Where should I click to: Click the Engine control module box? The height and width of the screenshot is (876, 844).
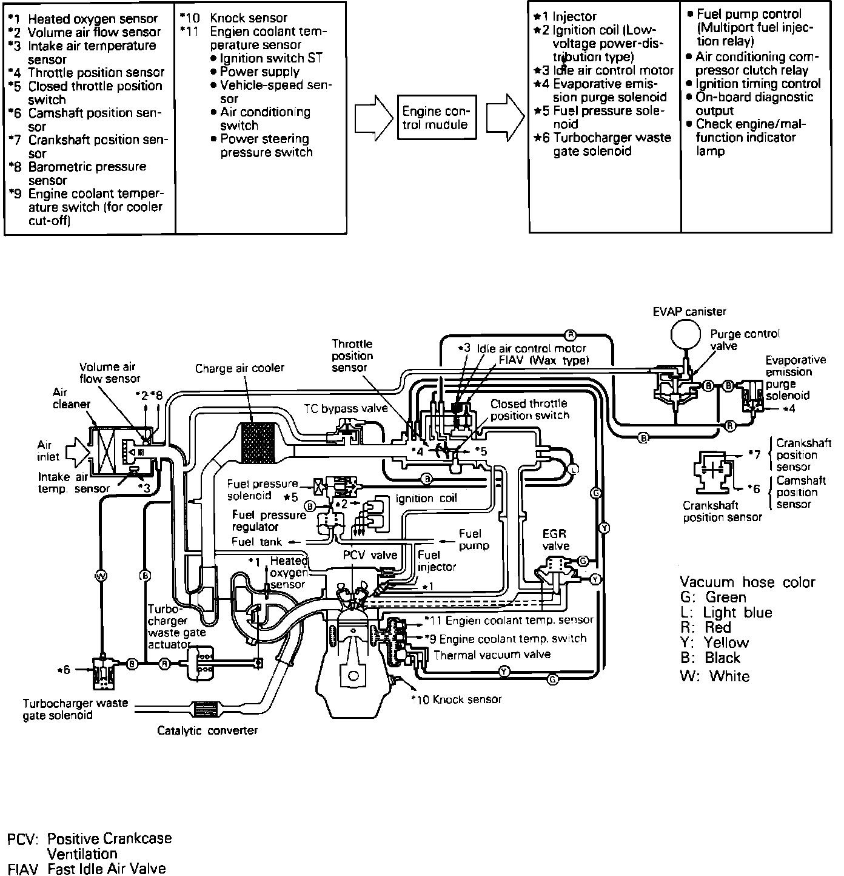pyautogui.click(x=437, y=118)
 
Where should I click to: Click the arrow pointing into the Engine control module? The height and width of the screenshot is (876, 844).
pyautogui.click(x=374, y=118)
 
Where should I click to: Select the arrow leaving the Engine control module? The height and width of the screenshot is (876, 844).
pyautogui.click(x=505, y=118)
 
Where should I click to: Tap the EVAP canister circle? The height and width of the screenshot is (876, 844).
pyautogui.click(x=686, y=335)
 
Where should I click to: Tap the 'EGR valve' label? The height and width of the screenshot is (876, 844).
pyautogui.click(x=555, y=540)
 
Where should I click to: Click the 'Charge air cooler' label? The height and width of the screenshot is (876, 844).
pyautogui.click(x=239, y=368)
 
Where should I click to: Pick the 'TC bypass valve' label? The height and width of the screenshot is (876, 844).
pyautogui.click(x=346, y=408)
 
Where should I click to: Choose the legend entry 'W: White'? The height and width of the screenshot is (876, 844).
pyautogui.click(x=715, y=676)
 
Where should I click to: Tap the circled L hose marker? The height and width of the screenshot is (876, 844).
pyautogui.click(x=573, y=469)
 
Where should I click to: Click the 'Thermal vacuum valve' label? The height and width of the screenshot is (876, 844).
pyautogui.click(x=492, y=655)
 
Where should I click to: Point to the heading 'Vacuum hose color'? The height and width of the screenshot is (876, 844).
pyautogui.click(x=747, y=582)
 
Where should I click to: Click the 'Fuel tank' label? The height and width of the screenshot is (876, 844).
pyautogui.click(x=256, y=542)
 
